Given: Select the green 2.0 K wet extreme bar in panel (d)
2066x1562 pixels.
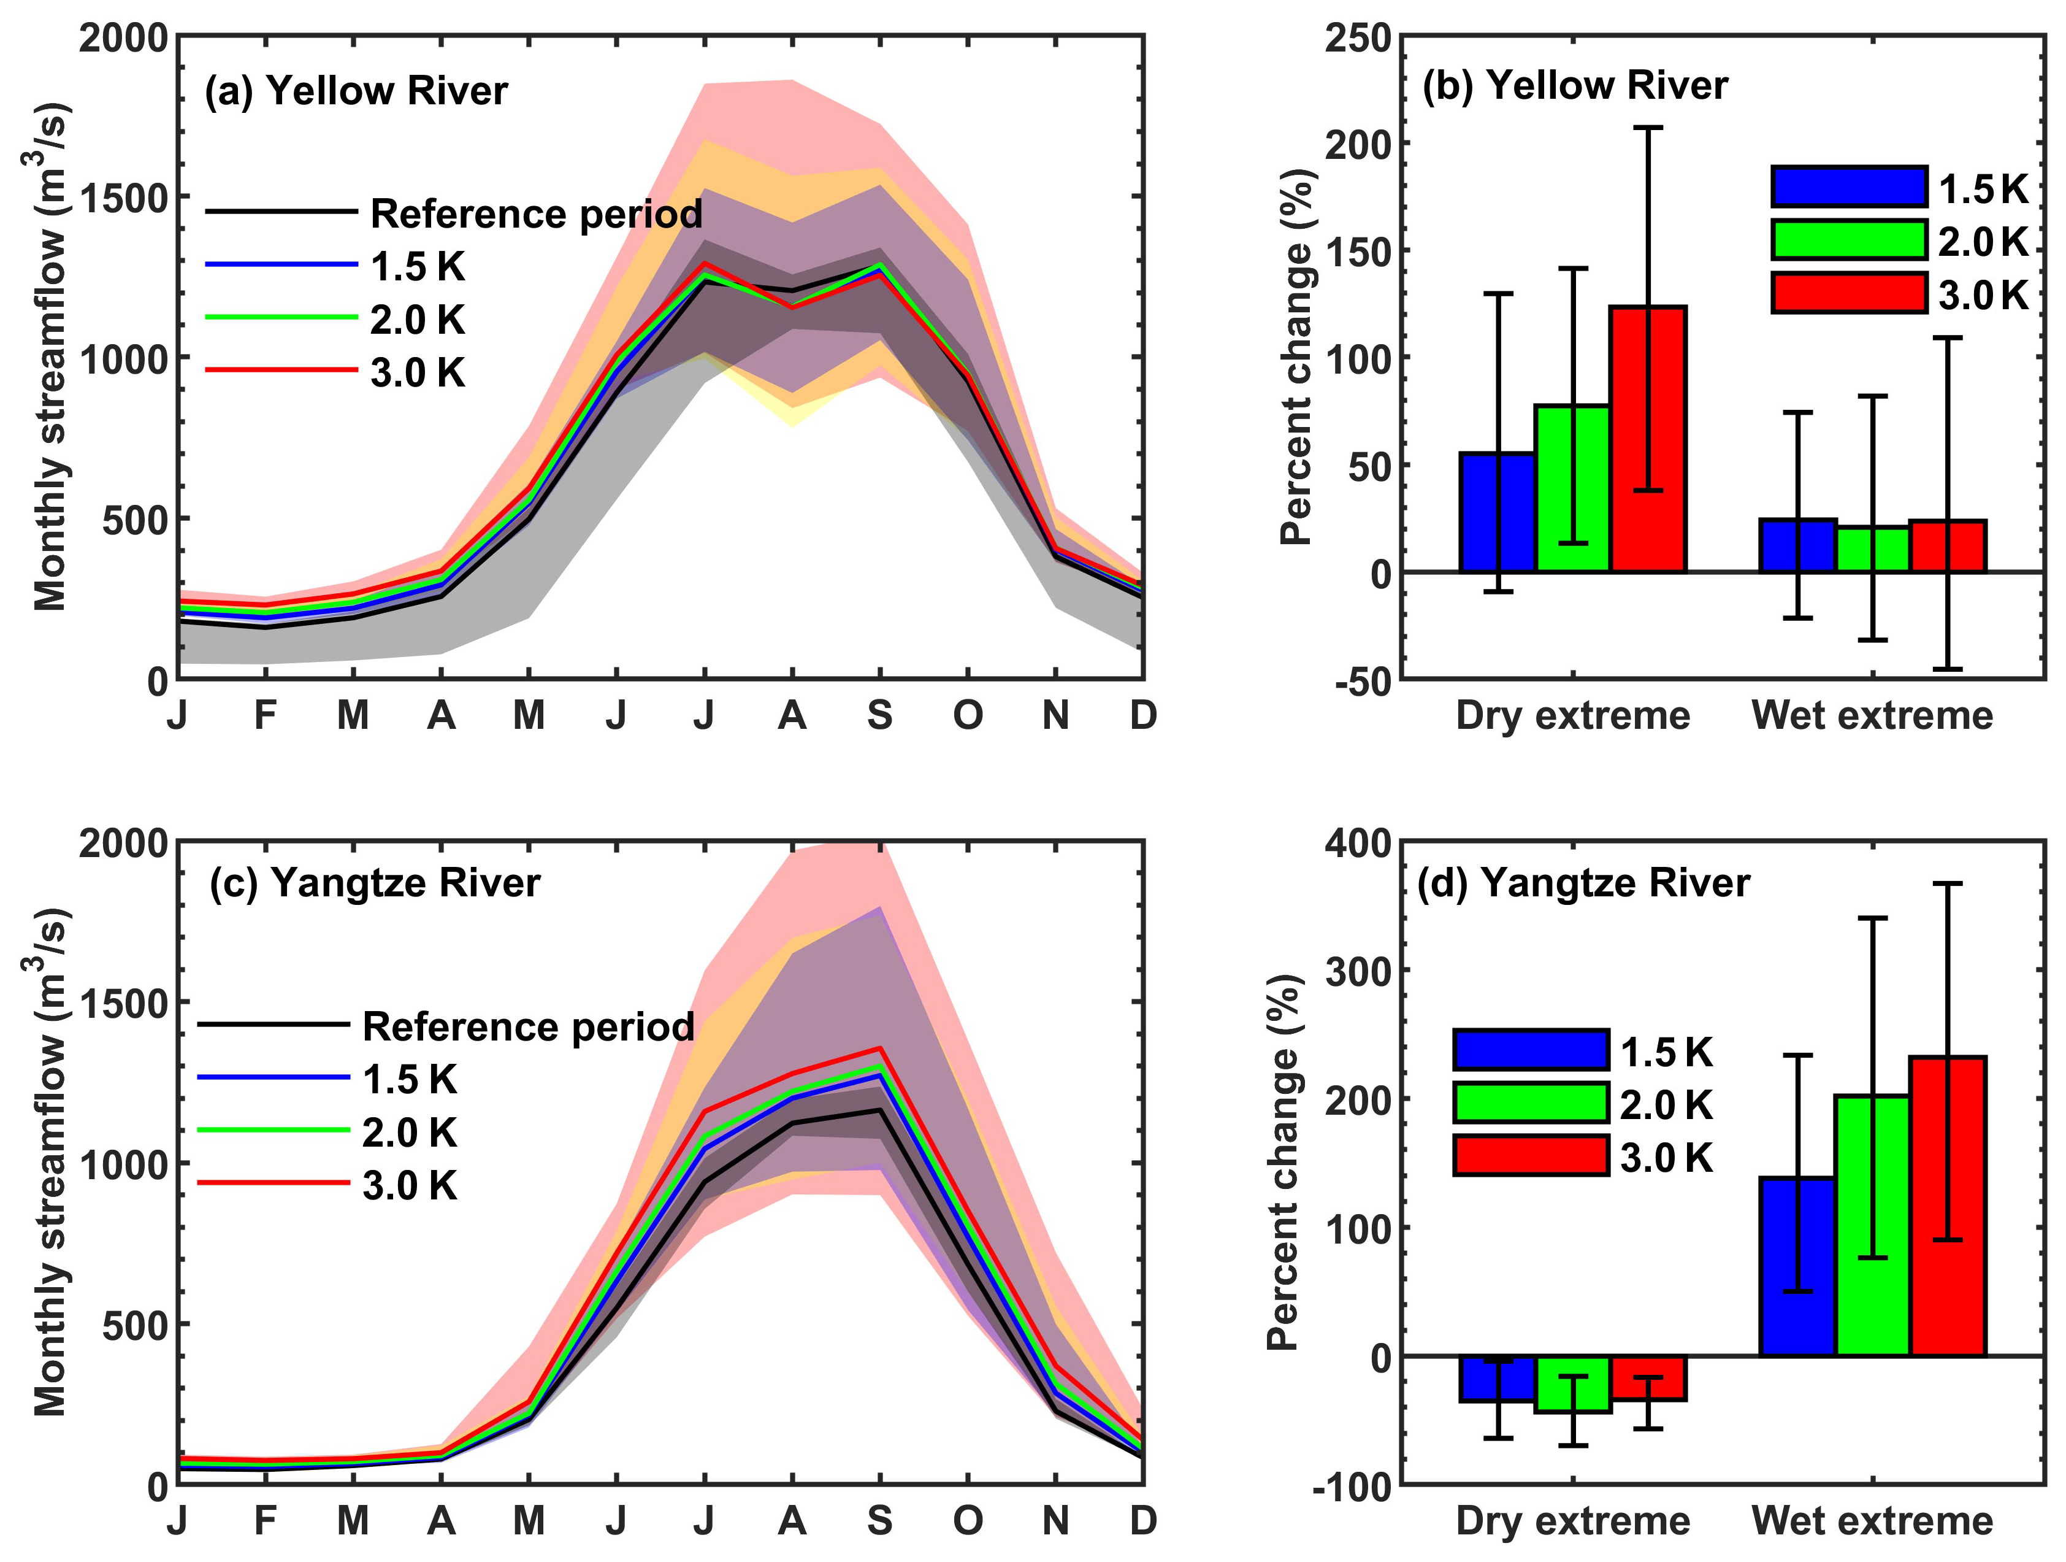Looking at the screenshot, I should click(1873, 1225).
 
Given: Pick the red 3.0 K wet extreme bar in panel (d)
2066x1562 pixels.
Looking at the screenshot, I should click(1948, 1205).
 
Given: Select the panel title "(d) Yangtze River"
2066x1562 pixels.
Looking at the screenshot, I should click(1583, 883).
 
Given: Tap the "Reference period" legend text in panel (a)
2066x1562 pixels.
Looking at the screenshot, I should click(536, 214).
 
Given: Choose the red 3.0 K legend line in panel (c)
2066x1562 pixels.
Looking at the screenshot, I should click(274, 1183).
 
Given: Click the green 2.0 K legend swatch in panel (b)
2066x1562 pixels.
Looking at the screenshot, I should click(1848, 240).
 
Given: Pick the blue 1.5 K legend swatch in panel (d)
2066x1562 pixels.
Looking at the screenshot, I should click(1531, 1050).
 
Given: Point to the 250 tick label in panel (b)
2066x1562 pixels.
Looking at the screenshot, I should click(1358, 39).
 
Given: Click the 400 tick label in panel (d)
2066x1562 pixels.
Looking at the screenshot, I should click(1358, 844).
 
